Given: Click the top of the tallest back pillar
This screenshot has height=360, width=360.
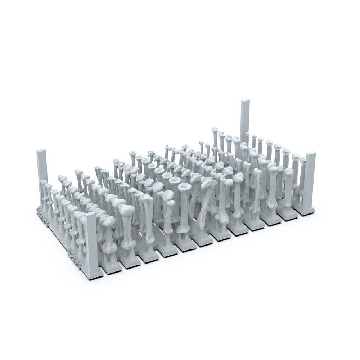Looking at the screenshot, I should click(x=246, y=102).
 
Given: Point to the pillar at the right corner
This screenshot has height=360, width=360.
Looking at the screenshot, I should click(x=310, y=180).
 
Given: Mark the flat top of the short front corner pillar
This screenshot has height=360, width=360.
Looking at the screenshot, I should click(x=90, y=215).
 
